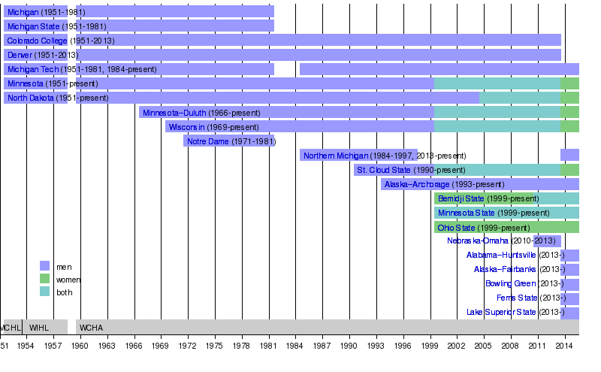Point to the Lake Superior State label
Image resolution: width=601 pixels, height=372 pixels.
(x=501, y=313)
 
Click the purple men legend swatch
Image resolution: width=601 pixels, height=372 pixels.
(x=44, y=265)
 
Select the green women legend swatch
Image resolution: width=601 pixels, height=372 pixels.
(x=44, y=279)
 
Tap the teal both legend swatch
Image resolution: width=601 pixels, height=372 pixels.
(x=44, y=292)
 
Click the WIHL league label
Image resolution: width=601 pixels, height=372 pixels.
(x=38, y=328)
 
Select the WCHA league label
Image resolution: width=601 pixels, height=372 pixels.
(x=91, y=328)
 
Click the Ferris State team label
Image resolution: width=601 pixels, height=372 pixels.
(x=515, y=298)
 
